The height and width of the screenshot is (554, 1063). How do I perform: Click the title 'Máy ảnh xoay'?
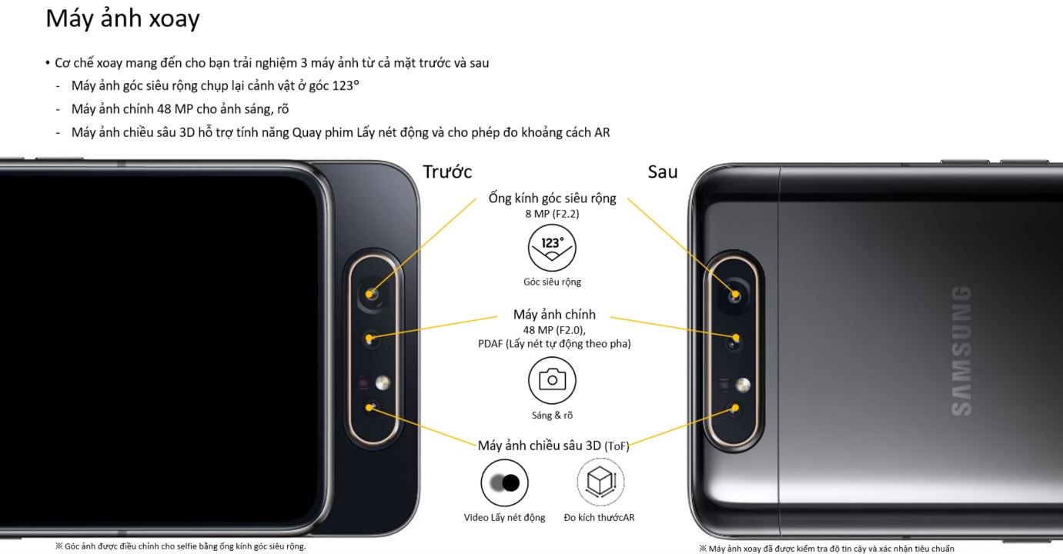tap(122, 19)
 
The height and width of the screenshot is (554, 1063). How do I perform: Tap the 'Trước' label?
tap(447, 172)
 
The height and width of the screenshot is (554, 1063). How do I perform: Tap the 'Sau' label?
tap(663, 172)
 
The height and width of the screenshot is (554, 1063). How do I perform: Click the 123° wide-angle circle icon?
tap(552, 248)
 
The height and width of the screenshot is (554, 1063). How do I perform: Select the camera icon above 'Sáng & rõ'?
tap(552, 380)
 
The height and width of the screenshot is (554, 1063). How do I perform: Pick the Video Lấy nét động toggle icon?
tap(504, 483)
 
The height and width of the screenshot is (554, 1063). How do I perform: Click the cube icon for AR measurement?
tap(600, 482)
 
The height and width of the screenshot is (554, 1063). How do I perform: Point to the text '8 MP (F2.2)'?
tap(552, 214)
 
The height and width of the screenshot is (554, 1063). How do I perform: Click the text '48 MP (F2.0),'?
tap(554, 330)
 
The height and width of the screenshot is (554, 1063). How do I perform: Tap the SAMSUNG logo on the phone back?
tap(962, 351)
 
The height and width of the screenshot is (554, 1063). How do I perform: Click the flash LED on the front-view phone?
tap(383, 382)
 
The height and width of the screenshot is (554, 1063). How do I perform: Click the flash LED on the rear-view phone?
tap(743, 385)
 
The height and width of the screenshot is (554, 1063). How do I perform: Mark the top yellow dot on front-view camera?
tap(369, 294)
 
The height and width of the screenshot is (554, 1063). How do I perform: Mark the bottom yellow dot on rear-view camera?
tap(735, 408)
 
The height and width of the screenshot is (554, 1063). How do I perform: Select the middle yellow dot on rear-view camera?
tap(736, 338)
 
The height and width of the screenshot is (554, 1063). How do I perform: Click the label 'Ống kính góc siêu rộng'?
tap(553, 199)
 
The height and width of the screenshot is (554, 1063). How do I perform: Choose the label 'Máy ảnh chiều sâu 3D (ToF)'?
tap(553, 446)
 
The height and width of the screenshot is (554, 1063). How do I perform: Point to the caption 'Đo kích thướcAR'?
tap(599, 518)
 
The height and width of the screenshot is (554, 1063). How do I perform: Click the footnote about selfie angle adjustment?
tap(181, 546)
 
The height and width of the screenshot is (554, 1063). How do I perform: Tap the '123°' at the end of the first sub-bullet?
tap(346, 86)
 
